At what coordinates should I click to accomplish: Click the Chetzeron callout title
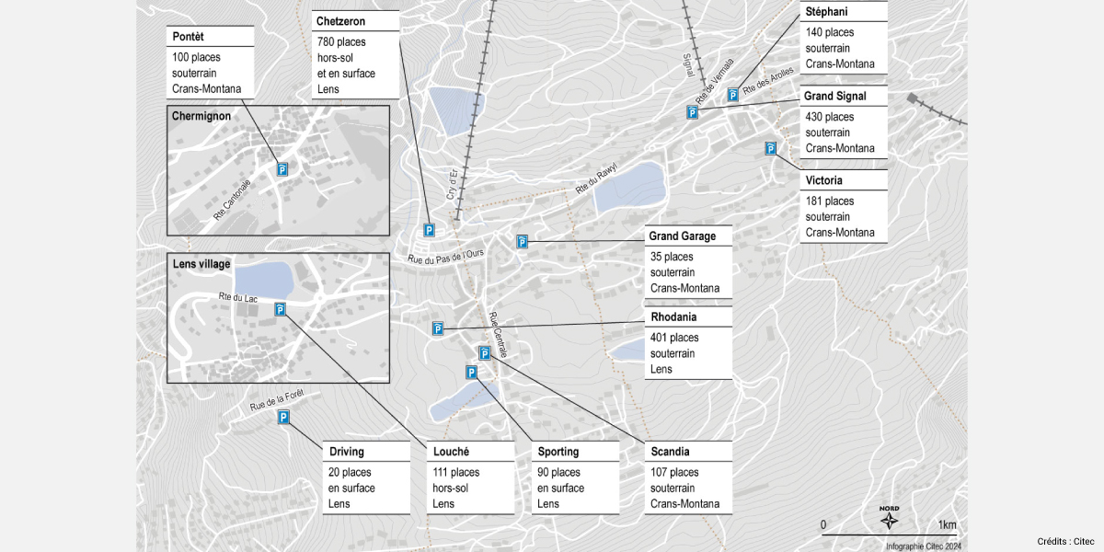click(341, 20)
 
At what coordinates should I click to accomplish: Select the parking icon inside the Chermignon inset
click(282, 169)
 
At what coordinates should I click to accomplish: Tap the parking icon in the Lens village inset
click(280, 309)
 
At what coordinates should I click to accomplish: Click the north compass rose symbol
click(890, 521)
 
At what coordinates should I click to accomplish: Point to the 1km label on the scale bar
click(947, 525)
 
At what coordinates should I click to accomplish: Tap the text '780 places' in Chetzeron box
click(341, 42)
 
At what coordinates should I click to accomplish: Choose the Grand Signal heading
click(834, 96)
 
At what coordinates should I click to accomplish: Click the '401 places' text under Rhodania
click(674, 338)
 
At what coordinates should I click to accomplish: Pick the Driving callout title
click(346, 452)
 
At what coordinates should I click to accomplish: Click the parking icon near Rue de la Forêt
click(283, 418)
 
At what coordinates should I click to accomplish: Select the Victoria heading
click(823, 180)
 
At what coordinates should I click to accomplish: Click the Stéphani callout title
click(826, 12)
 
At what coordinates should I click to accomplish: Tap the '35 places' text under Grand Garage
click(672, 257)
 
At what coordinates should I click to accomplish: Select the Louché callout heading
click(451, 452)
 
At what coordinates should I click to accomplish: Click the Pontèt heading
click(188, 36)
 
